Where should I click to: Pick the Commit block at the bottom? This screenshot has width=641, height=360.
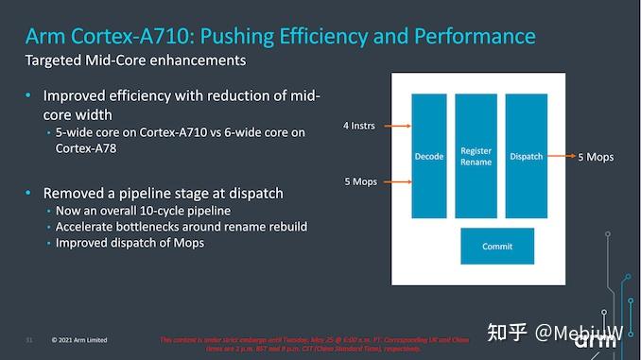click(x=497, y=246)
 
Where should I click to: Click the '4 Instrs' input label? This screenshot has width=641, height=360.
click(x=360, y=125)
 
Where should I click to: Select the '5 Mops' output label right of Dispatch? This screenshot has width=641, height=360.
click(x=596, y=157)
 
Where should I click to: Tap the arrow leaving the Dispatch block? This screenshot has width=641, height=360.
click(x=559, y=156)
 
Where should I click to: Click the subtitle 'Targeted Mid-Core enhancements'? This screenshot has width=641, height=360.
click(x=135, y=60)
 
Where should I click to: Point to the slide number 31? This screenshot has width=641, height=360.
click(x=29, y=339)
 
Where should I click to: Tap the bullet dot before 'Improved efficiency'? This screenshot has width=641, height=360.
click(x=29, y=96)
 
